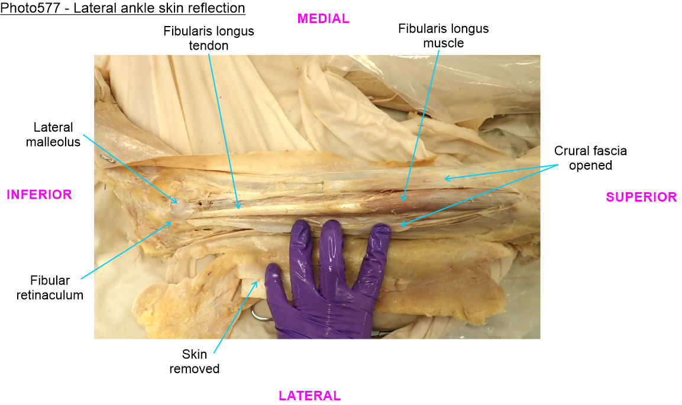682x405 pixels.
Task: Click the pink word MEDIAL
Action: tap(323, 19)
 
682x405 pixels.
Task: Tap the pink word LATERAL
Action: tap(310, 396)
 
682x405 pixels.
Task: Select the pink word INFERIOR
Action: tap(39, 195)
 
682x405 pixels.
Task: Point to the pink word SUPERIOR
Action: tap(642, 197)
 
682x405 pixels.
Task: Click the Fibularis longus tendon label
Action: tap(209, 38)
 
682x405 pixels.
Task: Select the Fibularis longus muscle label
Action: tap(444, 35)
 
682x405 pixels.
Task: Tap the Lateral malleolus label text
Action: tap(53, 134)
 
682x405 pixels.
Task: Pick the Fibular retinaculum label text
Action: tap(50, 288)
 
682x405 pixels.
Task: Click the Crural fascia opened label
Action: tap(590, 158)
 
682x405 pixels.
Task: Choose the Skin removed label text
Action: tap(195, 362)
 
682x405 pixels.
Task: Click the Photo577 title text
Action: tap(122, 8)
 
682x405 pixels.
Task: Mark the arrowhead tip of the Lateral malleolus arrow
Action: tap(177, 203)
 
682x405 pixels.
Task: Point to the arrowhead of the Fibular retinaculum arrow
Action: tap(172, 222)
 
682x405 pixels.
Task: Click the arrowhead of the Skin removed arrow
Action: tap(257, 281)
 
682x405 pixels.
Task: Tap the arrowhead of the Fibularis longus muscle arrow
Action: tap(403, 201)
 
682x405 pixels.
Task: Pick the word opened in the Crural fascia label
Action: tap(590, 166)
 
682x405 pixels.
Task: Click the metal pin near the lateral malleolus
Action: tap(108, 159)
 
